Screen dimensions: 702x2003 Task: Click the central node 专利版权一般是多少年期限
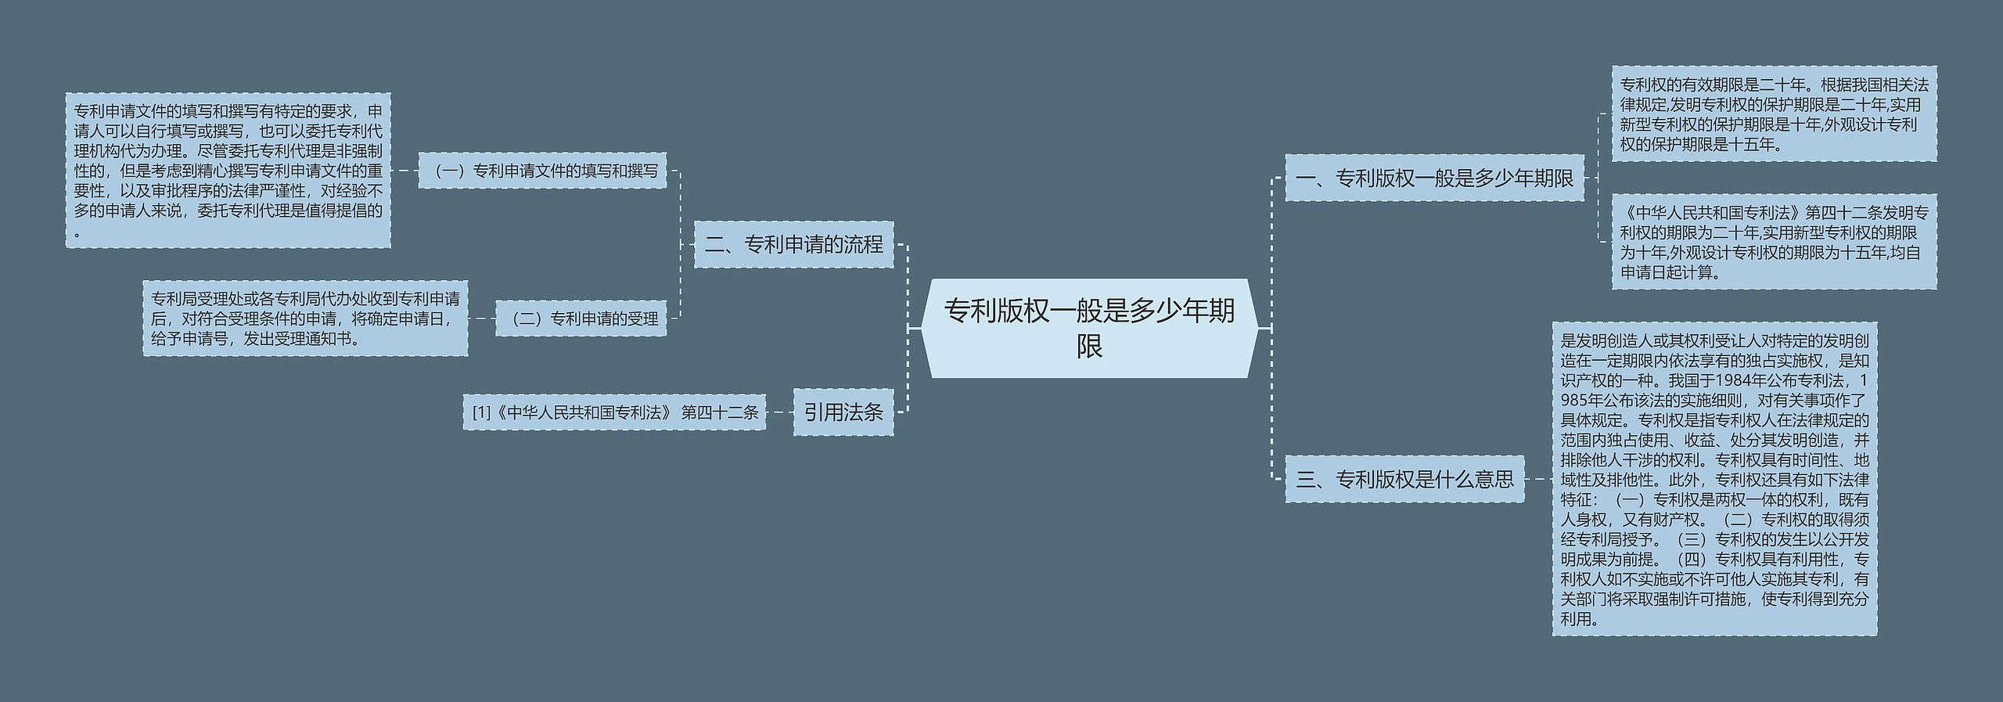[x=1089, y=328]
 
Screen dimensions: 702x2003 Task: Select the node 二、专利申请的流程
[x=793, y=245]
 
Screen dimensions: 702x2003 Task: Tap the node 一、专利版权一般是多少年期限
[x=1434, y=178]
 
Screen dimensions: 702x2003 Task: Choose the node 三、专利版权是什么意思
[x=1404, y=479]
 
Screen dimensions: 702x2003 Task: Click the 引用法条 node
[x=843, y=412]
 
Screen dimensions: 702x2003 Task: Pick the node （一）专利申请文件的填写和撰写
[x=542, y=171]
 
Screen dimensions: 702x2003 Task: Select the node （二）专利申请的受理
[x=581, y=319]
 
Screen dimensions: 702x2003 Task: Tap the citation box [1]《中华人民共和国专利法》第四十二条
[x=614, y=412]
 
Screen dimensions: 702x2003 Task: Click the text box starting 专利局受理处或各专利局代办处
[x=305, y=319]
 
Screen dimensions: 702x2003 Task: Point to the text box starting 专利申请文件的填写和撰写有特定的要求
[x=228, y=171]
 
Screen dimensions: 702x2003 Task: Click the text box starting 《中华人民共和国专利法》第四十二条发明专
[x=1774, y=242]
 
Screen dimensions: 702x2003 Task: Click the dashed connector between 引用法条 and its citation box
[x=779, y=412]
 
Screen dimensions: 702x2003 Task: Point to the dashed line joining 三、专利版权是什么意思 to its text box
[x=1538, y=479]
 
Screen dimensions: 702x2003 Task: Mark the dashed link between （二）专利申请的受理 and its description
[x=481, y=319]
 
